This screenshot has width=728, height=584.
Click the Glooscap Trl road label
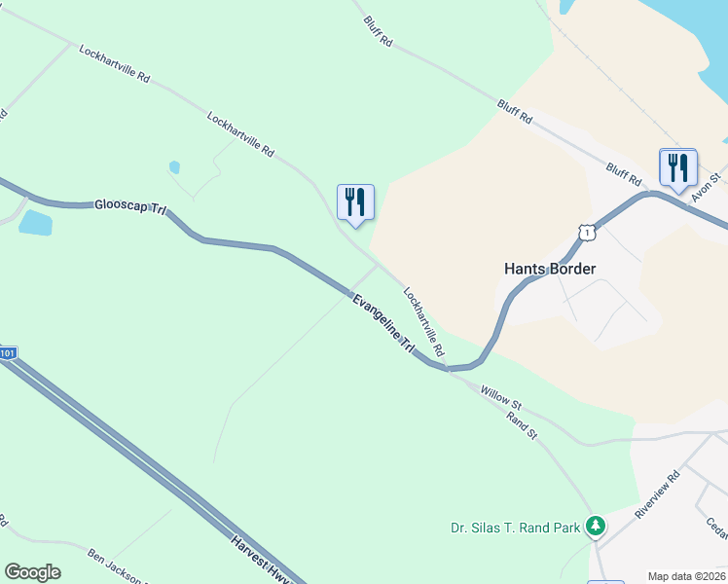[131, 206]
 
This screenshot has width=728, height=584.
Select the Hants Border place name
[549, 269]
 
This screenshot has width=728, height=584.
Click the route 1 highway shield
[585, 232]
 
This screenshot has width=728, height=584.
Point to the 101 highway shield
[8, 354]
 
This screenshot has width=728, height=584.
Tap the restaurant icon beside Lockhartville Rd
[355, 202]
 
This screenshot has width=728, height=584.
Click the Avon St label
[706, 188]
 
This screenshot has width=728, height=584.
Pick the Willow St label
[500, 396]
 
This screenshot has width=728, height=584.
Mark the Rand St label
[522, 422]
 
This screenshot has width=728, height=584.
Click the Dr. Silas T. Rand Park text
[515, 529]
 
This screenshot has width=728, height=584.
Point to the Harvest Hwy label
[260, 560]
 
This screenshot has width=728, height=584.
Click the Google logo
[32, 571]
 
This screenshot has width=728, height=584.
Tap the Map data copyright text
[685, 575]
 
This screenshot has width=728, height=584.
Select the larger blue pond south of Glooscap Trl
[35, 223]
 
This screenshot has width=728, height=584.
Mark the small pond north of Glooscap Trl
[174, 167]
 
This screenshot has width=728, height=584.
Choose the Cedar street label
[717, 530]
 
